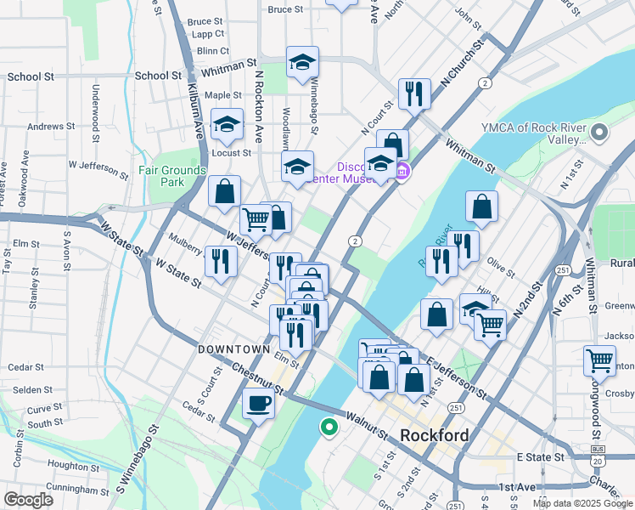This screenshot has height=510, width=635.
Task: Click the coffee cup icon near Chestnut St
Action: (258, 403)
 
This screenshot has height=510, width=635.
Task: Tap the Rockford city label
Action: (434, 435)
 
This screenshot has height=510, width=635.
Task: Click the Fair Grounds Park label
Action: (172, 176)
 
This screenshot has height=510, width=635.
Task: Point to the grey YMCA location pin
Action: (600, 133)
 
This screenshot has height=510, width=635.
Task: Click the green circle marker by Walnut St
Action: (328, 427)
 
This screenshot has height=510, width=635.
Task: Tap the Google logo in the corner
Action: (28, 500)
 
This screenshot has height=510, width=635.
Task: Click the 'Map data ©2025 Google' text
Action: (582, 503)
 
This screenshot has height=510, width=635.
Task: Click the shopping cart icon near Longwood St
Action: (599, 360)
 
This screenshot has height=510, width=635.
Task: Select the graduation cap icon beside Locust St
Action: (227, 124)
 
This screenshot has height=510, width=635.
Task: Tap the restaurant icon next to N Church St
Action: (414, 93)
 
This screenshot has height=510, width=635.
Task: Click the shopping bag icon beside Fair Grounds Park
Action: (224, 192)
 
